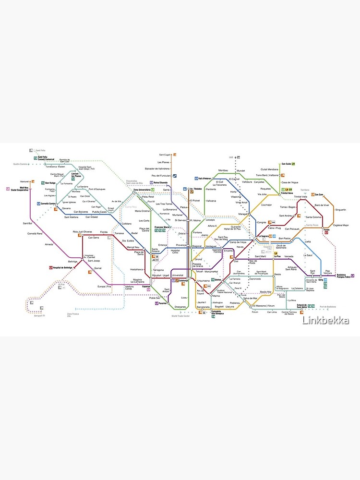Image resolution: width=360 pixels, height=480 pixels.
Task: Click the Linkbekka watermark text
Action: click(x=326, y=320)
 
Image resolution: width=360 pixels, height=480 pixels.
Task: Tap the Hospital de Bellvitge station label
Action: click(x=64, y=266)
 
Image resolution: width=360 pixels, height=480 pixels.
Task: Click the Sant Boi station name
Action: click(x=27, y=223)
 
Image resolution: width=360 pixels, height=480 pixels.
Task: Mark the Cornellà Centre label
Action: click(x=49, y=204)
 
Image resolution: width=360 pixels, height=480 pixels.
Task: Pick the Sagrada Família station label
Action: click(x=216, y=251)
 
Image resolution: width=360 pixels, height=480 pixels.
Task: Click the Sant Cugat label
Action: click(x=165, y=155)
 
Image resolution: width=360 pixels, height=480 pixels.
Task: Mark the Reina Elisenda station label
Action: click(x=160, y=183)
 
